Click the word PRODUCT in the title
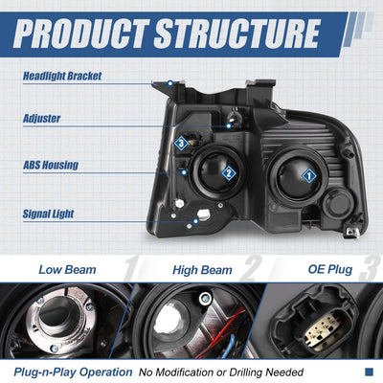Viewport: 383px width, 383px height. (x=80, y=34)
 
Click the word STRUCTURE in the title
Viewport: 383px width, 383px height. (x=237, y=34)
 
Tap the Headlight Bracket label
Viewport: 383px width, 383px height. (x=62, y=77)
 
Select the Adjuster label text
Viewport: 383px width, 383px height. (x=41, y=119)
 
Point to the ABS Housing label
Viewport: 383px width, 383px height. (x=51, y=165)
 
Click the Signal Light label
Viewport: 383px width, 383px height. (x=48, y=214)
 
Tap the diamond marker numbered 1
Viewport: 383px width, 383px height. (x=308, y=176)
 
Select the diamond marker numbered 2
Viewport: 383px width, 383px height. (x=229, y=173)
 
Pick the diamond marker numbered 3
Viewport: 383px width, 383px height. (x=181, y=144)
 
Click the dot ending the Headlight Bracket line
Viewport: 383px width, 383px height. (x=170, y=83)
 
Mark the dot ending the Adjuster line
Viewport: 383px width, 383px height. (x=229, y=126)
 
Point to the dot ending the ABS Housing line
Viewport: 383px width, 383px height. (x=184, y=172)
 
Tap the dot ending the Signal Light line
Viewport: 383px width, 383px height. (x=195, y=221)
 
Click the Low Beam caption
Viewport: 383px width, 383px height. (x=67, y=270)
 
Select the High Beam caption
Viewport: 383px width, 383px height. (x=202, y=270)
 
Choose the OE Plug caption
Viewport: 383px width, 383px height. (x=330, y=270)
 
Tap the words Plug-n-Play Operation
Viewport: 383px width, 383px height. (x=73, y=372)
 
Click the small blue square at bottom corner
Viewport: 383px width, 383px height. (x=369, y=372)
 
